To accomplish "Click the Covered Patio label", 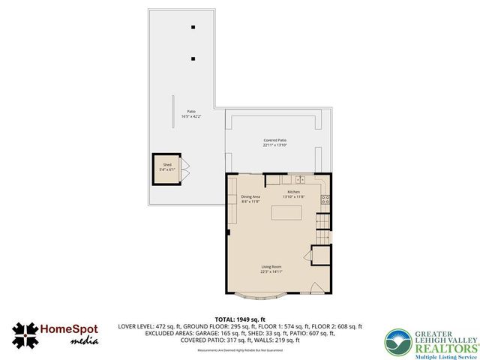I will pos(275,140).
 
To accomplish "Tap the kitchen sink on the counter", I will pos(299,180).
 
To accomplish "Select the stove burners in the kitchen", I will pos(325,199).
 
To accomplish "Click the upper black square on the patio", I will pos(193,28).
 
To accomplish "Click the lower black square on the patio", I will pos(193,58).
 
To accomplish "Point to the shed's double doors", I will pos(186,169).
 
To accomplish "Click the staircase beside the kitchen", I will pos(322,223).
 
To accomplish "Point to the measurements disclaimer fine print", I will pos(240,350).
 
